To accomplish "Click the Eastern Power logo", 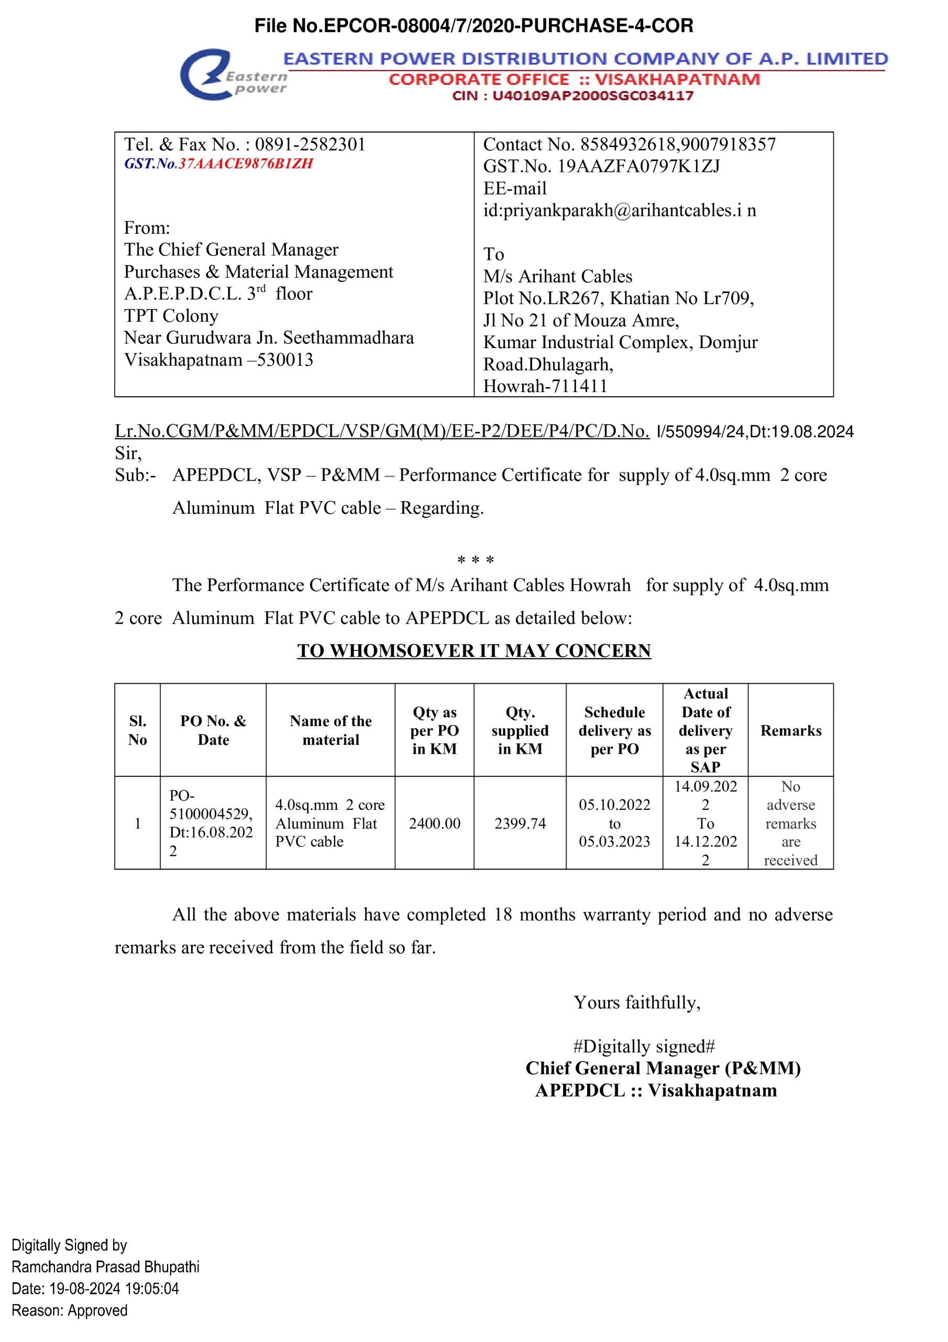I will pyautogui.click(x=233, y=75).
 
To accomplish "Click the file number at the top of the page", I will pyautogui.click(x=473, y=26).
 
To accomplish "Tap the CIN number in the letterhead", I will pyautogui.click(x=592, y=96).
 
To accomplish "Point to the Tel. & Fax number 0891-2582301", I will pyautogui.click(x=310, y=144).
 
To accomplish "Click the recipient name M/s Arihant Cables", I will pyautogui.click(x=557, y=276).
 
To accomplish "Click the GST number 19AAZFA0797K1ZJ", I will pyautogui.click(x=638, y=167).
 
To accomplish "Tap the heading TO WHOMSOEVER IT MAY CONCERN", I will pyautogui.click(x=473, y=651).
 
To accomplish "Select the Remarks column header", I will pyautogui.click(x=790, y=731).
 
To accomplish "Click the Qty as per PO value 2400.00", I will pyautogui.click(x=434, y=823).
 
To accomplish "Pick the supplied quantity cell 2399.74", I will pyautogui.click(x=520, y=823).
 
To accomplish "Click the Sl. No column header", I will pyautogui.click(x=137, y=731).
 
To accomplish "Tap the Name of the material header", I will pyautogui.click(x=330, y=731).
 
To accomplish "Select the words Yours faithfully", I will pyautogui.click(x=637, y=1002).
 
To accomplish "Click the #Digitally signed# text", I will pyautogui.click(x=644, y=1046).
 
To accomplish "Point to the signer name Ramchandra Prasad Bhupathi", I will pyautogui.click(x=106, y=1267).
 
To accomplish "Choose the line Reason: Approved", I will pyautogui.click(x=70, y=1311).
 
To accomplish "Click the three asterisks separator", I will pyautogui.click(x=476, y=560).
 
